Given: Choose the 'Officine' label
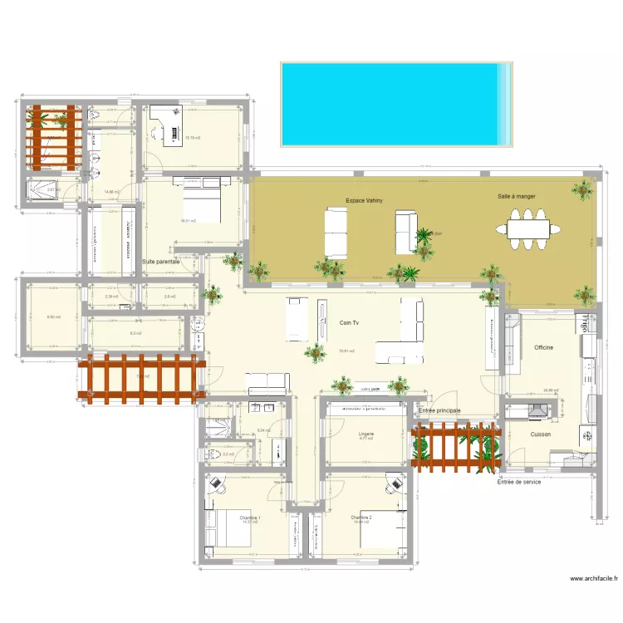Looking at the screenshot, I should pos(543,347).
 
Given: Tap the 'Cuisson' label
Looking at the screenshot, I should pos(540,434).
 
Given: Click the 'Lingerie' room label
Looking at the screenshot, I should pos(366,434).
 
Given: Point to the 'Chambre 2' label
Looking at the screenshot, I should pos(361,518).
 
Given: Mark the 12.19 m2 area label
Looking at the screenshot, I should pos(193,138).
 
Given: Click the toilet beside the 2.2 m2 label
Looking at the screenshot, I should pos(211,454).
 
